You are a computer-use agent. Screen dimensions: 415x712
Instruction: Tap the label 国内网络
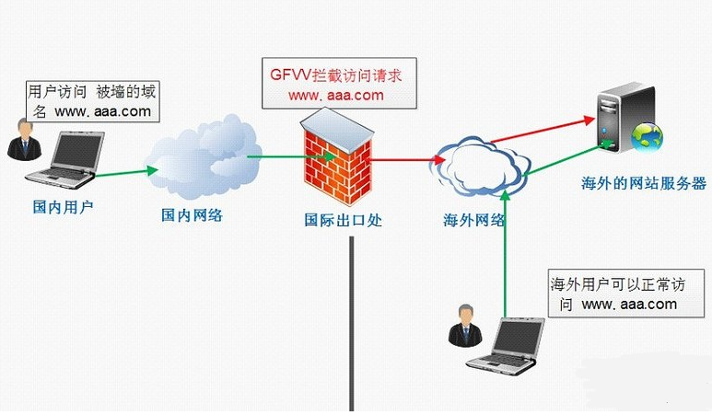192,215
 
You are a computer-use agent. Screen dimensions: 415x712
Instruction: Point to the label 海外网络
474,221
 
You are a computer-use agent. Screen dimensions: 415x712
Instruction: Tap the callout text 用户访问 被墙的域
88,92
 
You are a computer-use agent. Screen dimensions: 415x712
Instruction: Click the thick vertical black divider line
350,322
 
